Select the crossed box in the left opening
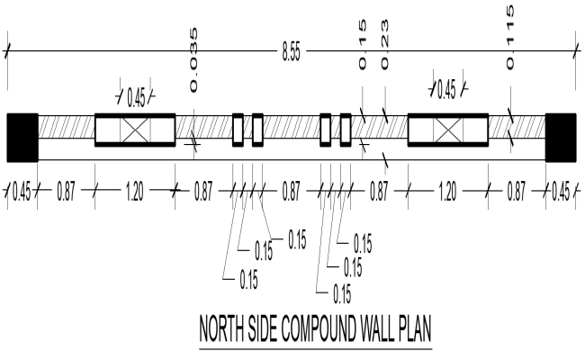[x=135, y=130]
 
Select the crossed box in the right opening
[x=447, y=130]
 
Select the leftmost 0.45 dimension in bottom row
[x=20, y=192]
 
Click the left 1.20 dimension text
[x=135, y=192]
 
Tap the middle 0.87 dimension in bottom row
[x=291, y=192]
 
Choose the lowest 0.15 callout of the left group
[x=248, y=280]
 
